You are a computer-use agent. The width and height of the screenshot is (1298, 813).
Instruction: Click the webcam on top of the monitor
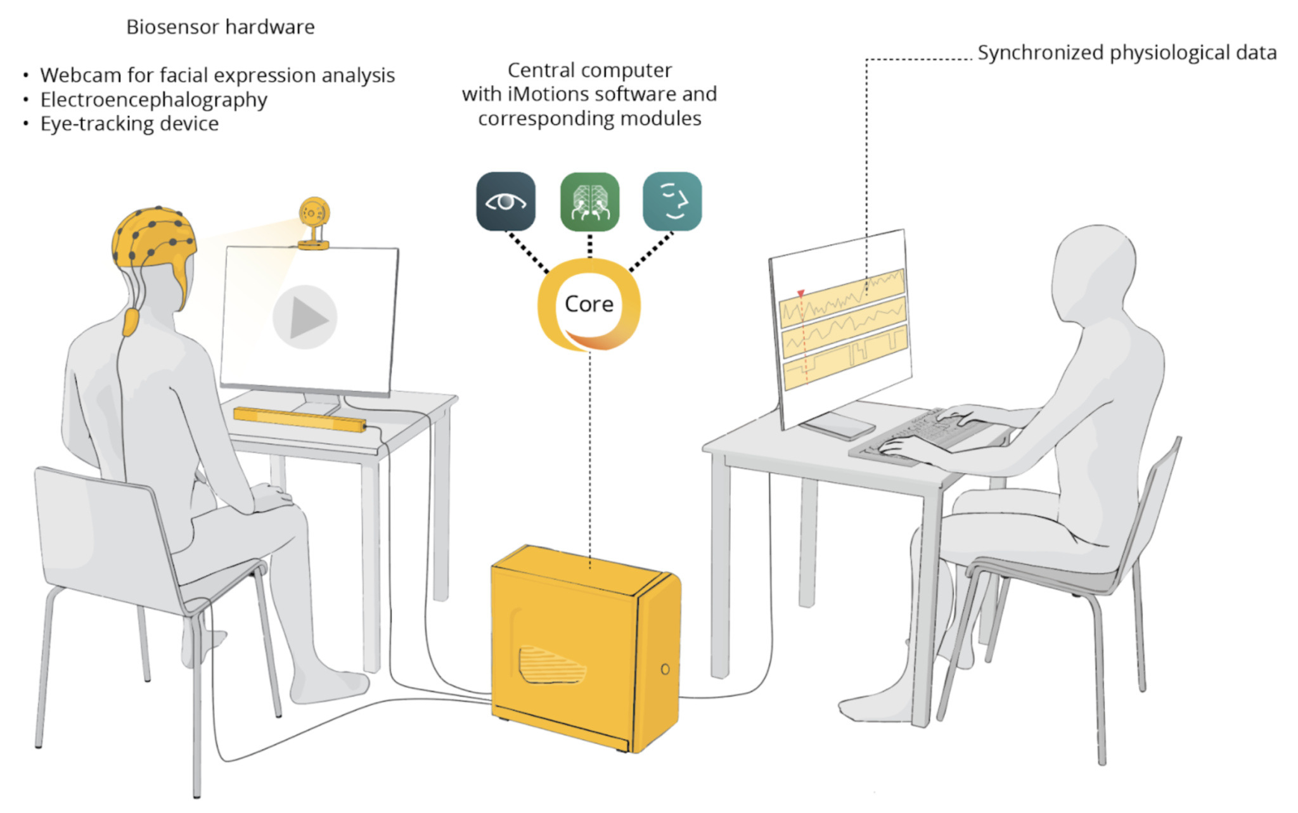[x=314, y=219]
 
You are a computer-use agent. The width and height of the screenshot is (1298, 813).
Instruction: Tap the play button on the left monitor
[x=305, y=317]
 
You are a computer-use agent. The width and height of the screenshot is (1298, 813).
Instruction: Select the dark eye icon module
[x=506, y=202]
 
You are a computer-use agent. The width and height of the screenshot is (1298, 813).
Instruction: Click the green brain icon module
[x=589, y=202]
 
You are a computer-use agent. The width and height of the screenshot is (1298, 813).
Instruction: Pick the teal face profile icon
[x=672, y=202]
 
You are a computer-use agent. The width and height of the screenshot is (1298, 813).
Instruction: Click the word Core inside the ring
[x=589, y=304]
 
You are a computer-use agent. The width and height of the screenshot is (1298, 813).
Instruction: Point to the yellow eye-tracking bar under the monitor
[x=299, y=418]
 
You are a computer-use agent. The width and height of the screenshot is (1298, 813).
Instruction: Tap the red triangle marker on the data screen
[x=801, y=293]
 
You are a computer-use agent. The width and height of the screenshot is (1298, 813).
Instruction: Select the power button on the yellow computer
[x=665, y=669]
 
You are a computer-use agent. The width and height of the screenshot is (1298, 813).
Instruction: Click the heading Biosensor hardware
[x=221, y=27]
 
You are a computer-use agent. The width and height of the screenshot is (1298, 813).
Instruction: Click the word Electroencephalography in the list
[x=153, y=100]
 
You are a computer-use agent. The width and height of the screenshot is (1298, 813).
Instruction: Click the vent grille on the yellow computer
[x=550, y=665]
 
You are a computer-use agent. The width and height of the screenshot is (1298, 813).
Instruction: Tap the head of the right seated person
[x=1093, y=266]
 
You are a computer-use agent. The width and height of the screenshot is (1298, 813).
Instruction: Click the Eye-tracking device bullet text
[x=129, y=124]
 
